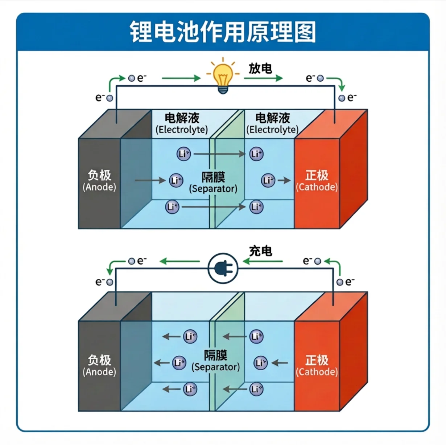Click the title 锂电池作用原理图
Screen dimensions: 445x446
click(223, 32)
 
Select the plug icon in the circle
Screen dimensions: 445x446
click(223, 269)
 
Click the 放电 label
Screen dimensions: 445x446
click(260, 68)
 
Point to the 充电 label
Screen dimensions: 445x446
click(260, 251)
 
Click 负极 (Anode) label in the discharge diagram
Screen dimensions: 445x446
click(99, 180)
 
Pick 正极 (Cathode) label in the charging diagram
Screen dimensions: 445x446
click(317, 366)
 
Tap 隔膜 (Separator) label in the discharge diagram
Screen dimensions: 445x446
click(213, 183)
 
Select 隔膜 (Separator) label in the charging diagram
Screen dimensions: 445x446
click(215, 360)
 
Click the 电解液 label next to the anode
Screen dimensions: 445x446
click(182, 123)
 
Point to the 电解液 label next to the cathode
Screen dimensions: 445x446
click(272, 123)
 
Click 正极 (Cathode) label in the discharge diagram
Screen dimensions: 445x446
click(317, 180)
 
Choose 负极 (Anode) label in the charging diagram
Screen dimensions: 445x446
click(99, 366)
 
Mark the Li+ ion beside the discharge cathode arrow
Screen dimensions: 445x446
click(268, 180)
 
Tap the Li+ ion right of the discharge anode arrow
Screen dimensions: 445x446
click(176, 180)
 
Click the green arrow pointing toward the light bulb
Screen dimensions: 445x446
click(181, 78)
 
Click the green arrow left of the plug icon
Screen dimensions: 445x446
click(180, 261)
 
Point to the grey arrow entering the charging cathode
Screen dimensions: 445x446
click(280, 363)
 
